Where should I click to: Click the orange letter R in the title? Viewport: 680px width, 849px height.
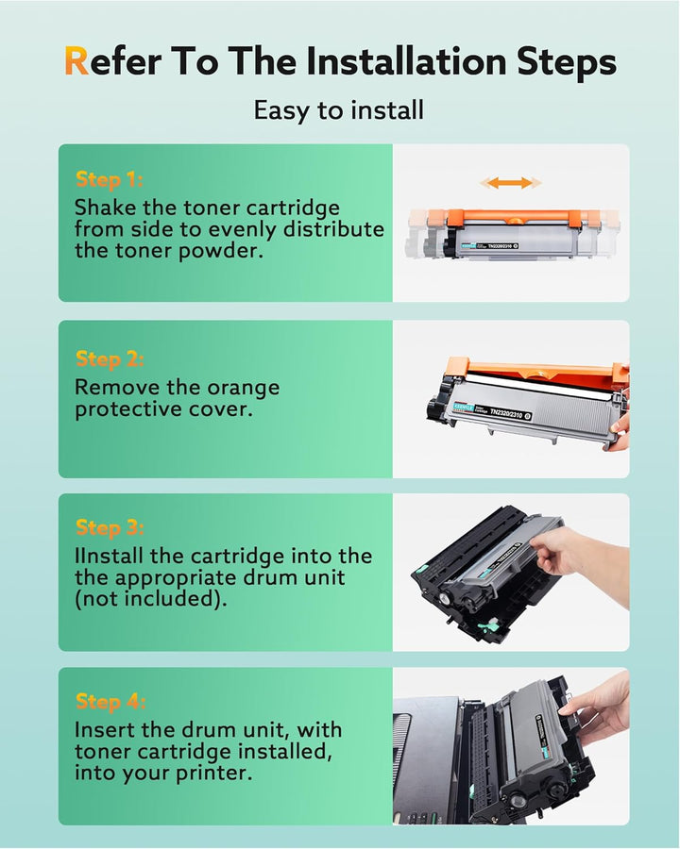pyautogui.click(x=77, y=62)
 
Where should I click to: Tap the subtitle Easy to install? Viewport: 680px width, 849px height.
pyautogui.click(x=339, y=109)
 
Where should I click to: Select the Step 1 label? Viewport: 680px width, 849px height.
pyautogui.click(x=109, y=180)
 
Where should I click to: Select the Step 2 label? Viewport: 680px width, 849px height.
pyautogui.click(x=109, y=358)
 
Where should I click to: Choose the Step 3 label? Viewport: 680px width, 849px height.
pyautogui.click(x=109, y=527)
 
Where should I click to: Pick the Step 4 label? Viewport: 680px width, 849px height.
pyautogui.click(x=109, y=701)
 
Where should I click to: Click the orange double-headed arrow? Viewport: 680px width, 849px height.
pyautogui.click(x=510, y=183)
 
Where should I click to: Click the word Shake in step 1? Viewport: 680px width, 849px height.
pyautogui.click(x=105, y=208)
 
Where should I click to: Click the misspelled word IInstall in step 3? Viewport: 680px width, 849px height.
pyautogui.click(x=112, y=557)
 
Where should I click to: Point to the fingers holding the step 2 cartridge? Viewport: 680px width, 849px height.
pyautogui.click(x=619, y=429)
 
